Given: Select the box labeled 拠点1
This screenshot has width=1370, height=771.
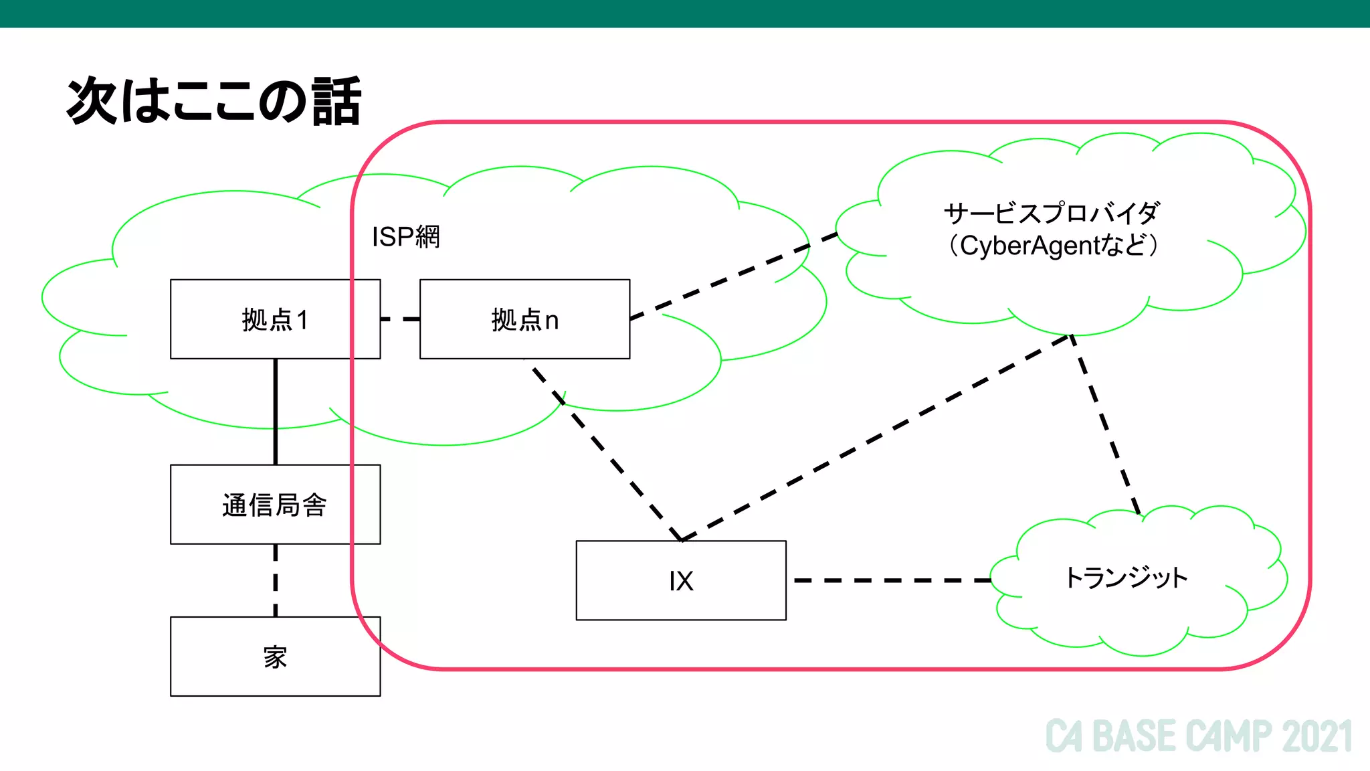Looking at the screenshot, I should coord(275,319).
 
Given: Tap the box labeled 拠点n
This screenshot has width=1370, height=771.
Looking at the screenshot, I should coord(524,319).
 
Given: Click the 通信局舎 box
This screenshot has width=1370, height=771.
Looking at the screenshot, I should coord(275,505).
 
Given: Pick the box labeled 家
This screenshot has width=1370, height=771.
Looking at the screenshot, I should coord(275,657).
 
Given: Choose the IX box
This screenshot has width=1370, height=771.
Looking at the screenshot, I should coord(681,580).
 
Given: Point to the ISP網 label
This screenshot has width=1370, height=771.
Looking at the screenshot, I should coord(405,236).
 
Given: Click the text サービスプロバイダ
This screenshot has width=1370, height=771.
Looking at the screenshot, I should coord(1052,213).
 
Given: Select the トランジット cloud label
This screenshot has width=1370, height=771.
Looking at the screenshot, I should coord(1126,577).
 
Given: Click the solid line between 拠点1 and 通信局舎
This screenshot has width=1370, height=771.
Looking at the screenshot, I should coord(275,412).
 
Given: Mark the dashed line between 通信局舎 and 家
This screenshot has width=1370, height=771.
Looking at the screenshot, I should coord(275,580).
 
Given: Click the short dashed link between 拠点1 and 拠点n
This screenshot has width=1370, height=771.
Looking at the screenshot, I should coord(400,319).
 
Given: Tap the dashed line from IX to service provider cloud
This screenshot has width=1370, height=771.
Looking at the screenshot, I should coord(876,437).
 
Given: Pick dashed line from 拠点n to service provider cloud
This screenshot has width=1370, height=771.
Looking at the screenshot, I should coord(734,276).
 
